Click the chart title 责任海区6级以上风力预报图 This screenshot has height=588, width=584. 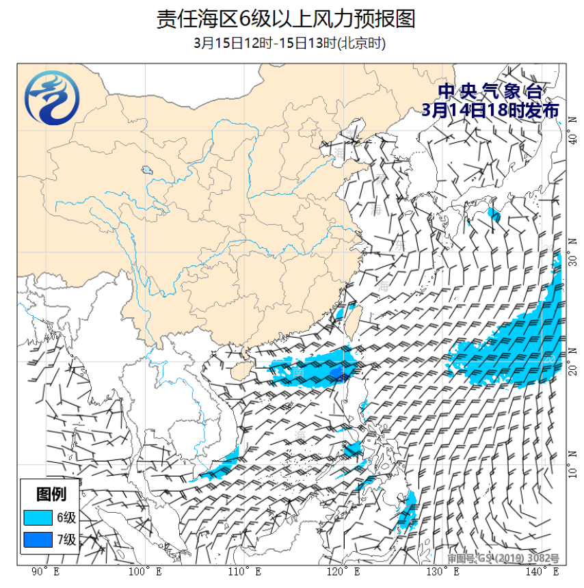click(285, 18)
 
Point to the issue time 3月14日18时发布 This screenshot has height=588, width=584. click(490, 109)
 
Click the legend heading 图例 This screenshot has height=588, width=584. click(51, 494)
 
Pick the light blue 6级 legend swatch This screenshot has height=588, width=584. click(38, 517)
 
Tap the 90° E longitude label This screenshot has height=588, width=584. click(45, 572)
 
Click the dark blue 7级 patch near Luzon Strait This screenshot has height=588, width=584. click(337, 371)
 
